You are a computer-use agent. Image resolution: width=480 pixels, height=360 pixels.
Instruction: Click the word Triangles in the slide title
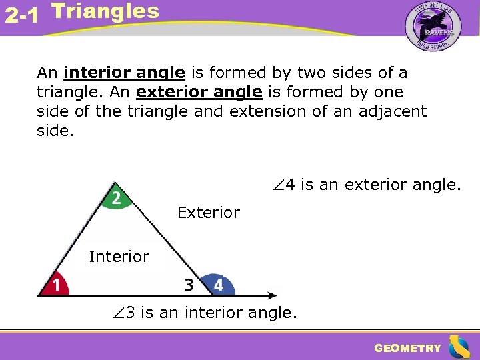105,11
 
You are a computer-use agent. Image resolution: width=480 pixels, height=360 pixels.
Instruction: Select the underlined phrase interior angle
124,73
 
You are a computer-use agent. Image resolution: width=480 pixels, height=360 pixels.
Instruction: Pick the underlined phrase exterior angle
199,92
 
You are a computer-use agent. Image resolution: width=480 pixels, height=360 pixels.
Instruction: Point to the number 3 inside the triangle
189,285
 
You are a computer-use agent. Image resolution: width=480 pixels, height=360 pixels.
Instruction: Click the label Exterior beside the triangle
208,213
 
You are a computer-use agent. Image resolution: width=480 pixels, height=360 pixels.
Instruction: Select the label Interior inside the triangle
119,257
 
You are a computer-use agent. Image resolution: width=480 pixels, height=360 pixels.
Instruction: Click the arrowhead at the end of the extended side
273,295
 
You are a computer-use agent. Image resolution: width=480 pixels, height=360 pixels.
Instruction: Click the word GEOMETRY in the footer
407,348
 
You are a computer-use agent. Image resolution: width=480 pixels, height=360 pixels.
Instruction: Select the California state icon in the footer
459,347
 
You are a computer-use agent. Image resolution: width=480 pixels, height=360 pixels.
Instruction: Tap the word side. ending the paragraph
53,131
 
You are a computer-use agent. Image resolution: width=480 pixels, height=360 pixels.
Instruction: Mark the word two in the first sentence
310,73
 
